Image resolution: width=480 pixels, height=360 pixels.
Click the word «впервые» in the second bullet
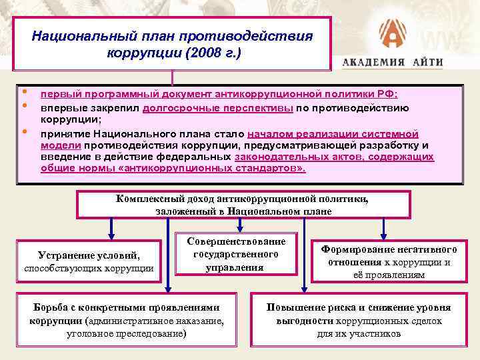[x=60, y=107]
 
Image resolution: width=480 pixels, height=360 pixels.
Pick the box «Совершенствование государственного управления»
[x=235, y=254]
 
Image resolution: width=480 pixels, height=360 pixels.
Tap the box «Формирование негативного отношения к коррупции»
[x=389, y=261]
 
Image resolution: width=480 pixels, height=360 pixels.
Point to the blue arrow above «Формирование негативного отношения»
[x=383, y=228]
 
